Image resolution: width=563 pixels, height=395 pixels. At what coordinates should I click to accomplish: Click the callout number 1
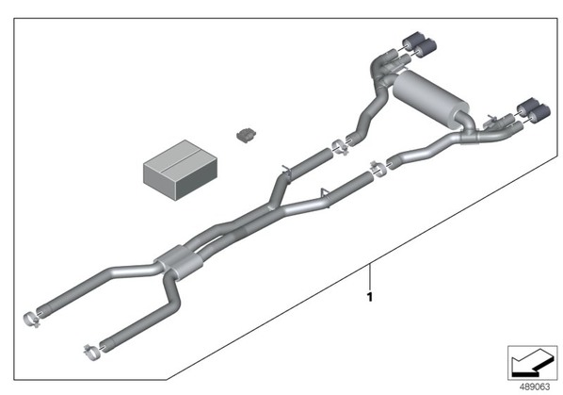click(369, 297)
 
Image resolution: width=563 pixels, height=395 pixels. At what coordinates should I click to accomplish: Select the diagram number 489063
click(535, 387)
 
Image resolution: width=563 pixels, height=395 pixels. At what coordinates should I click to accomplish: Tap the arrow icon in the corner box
click(532, 363)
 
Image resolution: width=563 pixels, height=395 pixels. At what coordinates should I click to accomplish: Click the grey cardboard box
click(180, 170)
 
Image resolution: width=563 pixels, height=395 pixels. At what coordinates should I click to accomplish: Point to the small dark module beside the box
click(247, 135)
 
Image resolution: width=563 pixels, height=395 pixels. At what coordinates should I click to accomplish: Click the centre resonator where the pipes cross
click(178, 263)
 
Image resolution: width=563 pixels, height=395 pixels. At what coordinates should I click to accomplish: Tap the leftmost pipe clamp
click(31, 319)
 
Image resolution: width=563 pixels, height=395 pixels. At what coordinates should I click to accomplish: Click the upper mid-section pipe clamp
click(339, 147)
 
